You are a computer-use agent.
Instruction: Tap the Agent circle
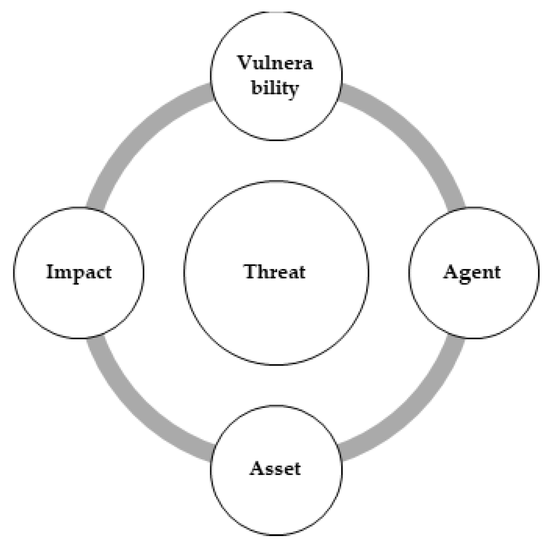pyautogui.click(x=474, y=304)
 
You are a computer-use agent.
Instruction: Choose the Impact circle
pyautogui.click(x=79, y=304)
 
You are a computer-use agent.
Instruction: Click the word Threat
pyautogui.click(x=275, y=272)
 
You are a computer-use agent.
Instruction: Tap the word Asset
pyautogui.click(x=275, y=469)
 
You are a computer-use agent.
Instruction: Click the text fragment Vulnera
pyautogui.click(x=275, y=63)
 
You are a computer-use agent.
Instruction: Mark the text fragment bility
pyautogui.click(x=275, y=88)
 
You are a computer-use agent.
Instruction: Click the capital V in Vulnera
pyautogui.click(x=246, y=63)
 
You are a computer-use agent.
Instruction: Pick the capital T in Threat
pyautogui.click(x=251, y=272)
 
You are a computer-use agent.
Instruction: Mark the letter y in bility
pyautogui.click(x=293, y=90)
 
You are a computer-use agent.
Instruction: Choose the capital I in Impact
pyautogui.click(x=50, y=272)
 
